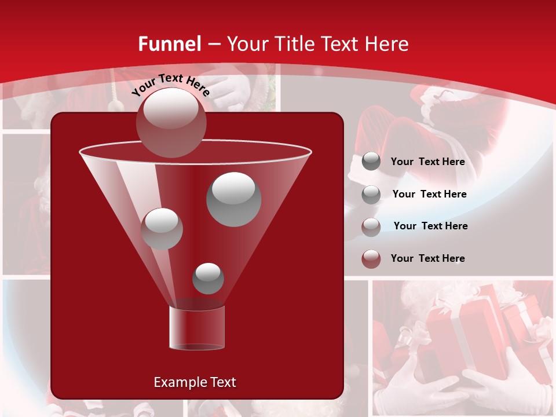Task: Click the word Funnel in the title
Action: pos(169,44)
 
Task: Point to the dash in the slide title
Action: pos(214,45)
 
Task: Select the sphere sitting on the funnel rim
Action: pos(171,122)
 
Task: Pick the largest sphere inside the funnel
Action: pos(233,199)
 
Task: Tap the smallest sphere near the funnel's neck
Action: pos(208,278)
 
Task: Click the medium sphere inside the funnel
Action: pos(162,228)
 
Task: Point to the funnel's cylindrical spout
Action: pos(197,328)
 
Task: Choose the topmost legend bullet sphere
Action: pos(371,162)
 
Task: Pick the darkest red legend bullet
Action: pos(371,259)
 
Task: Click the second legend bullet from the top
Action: pos(371,195)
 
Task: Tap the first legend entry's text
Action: pos(427,162)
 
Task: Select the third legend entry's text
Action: pos(430,226)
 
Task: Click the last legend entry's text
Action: pos(427,258)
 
